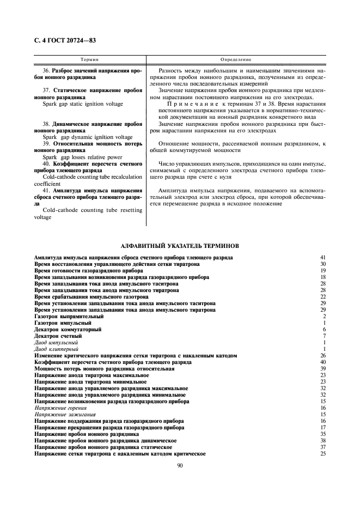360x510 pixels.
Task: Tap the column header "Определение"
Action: (235, 58)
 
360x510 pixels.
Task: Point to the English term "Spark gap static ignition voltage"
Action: (78, 104)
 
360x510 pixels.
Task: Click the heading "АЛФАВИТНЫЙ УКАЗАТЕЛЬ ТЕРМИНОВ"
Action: (179, 246)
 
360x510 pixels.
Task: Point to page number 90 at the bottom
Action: (179, 465)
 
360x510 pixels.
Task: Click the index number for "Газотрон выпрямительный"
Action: (324, 317)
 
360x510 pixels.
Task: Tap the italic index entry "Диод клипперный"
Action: (56, 349)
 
